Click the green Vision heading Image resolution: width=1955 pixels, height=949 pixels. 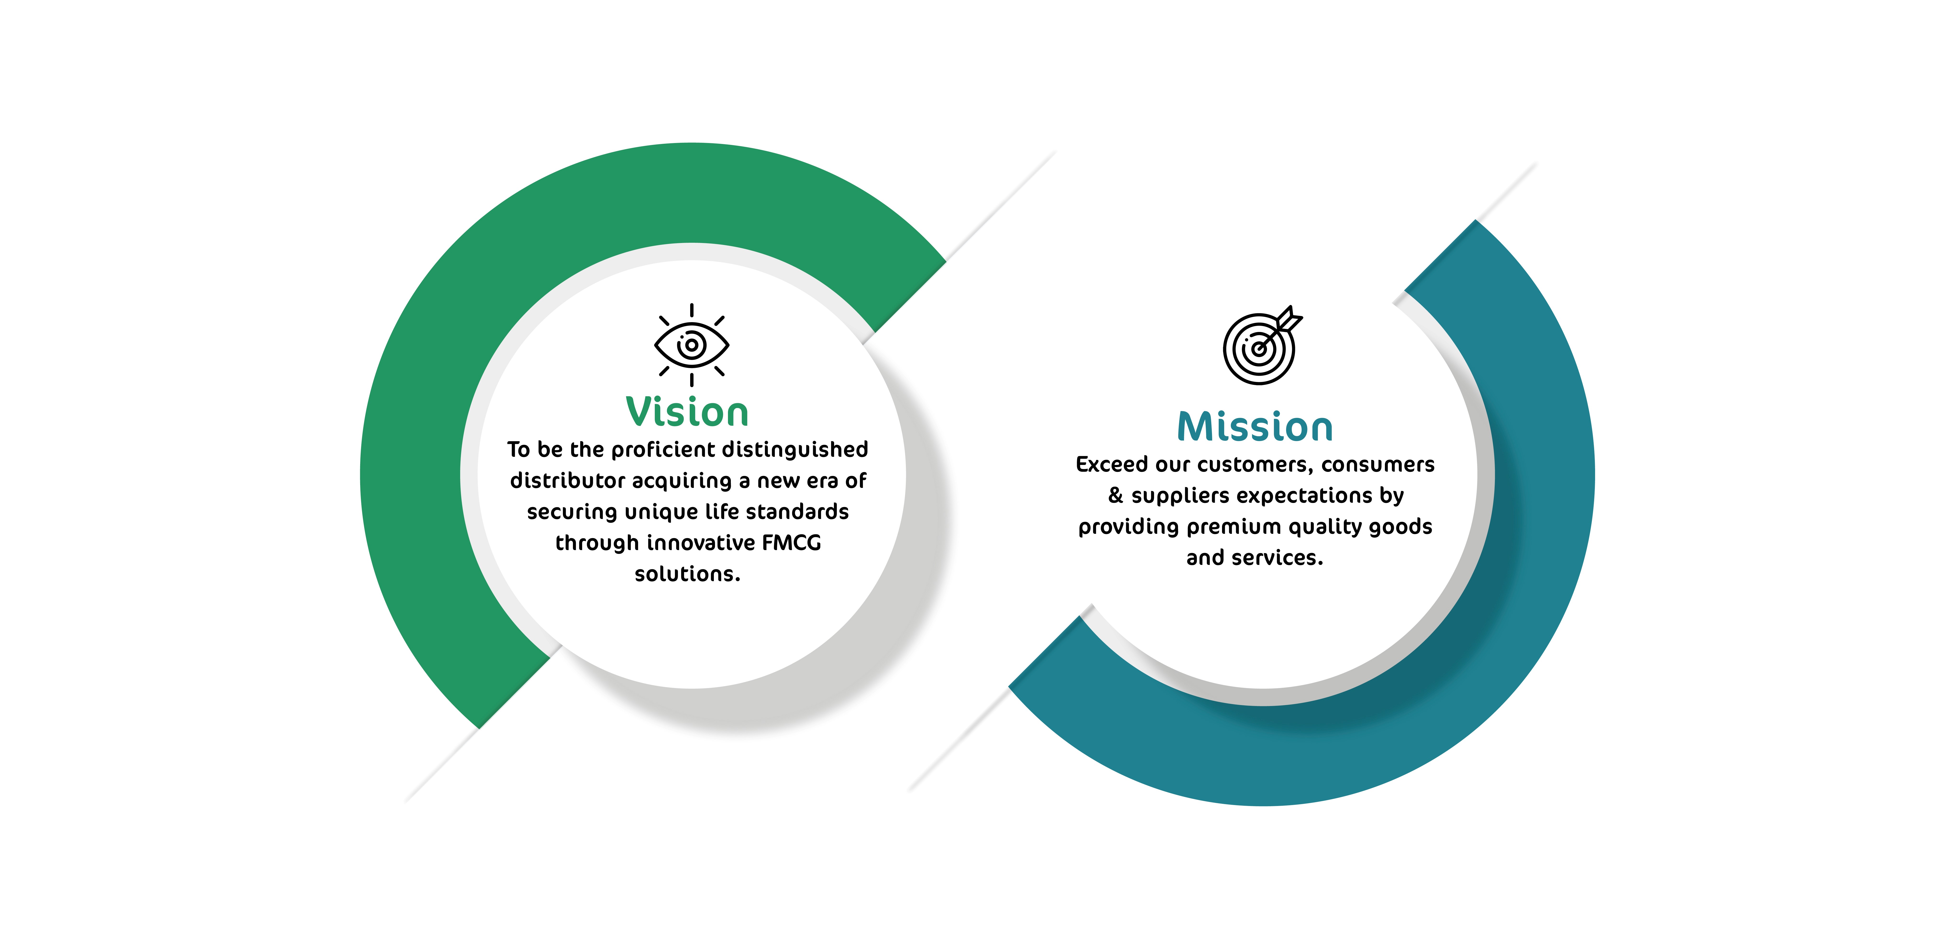tap(687, 412)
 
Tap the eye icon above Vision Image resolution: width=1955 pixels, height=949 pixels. tap(691, 345)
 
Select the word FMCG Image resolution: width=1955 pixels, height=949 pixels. tap(792, 543)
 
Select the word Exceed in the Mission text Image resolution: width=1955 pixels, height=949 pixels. tap(1112, 465)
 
